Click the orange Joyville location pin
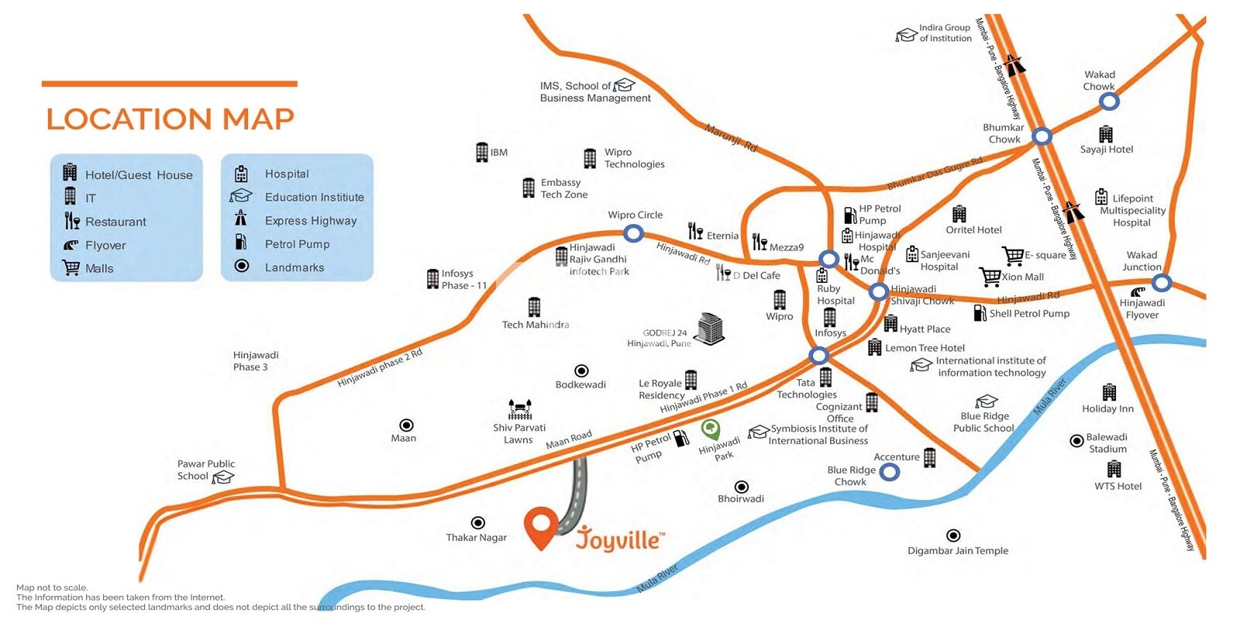541,527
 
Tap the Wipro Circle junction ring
633,233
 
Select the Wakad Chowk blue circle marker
1109,102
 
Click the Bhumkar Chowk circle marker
1042,136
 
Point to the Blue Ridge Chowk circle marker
890,471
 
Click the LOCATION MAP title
170,119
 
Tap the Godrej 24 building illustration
709,329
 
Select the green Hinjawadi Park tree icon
710,428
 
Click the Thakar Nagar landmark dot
478,523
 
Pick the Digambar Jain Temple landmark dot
953,536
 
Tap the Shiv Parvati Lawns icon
519,408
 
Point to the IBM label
498,153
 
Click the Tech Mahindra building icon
534,307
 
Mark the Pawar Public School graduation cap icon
223,477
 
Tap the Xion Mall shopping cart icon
990,276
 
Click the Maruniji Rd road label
730,137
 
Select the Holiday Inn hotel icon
1109,392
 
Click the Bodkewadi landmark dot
581,371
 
